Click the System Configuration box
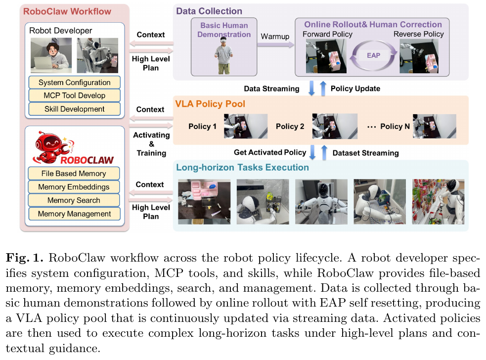74,82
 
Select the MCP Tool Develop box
74,95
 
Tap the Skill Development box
74,109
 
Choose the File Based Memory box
74,174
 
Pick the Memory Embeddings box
74,187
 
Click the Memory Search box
74,200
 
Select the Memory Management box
74,214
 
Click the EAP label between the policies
373,55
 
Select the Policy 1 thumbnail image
245,126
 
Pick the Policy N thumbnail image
435,126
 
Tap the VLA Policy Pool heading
210,104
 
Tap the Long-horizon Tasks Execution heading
242,168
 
